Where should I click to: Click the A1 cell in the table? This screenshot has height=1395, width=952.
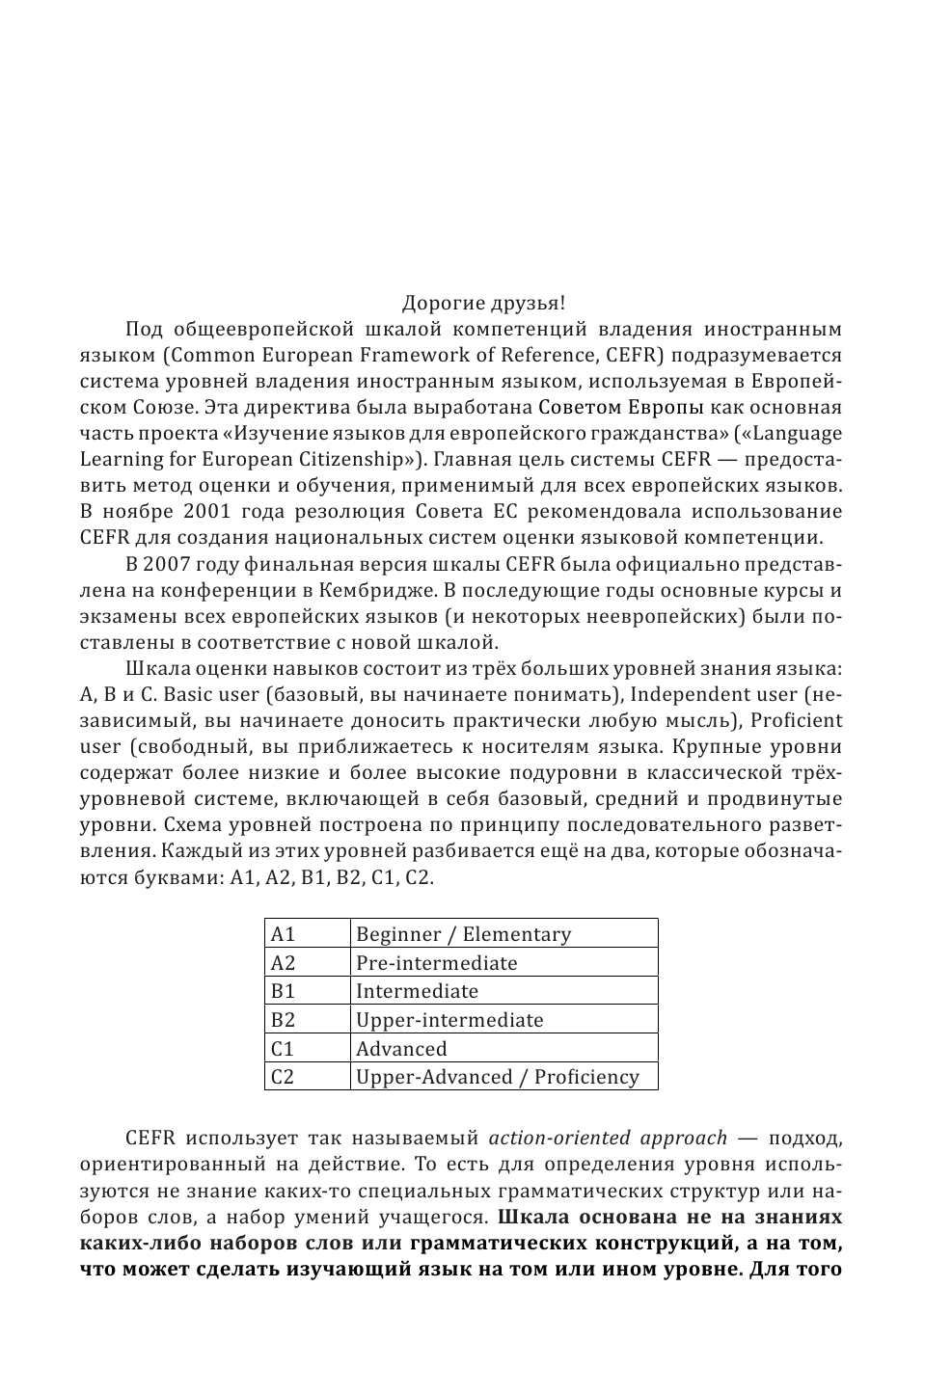[x=284, y=934]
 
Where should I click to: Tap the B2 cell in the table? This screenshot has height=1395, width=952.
[x=284, y=1020]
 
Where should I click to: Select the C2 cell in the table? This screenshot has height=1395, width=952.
[x=284, y=1077]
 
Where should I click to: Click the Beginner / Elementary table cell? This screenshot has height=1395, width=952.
[x=463, y=934]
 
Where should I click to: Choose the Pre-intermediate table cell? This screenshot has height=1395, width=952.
[x=436, y=963]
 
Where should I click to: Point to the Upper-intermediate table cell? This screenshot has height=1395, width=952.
[x=449, y=1020]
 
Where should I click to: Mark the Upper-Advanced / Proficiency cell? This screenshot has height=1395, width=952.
[x=497, y=1077]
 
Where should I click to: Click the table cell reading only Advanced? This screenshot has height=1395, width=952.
[x=401, y=1049]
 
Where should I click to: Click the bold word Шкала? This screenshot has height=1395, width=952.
[x=532, y=1216]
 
